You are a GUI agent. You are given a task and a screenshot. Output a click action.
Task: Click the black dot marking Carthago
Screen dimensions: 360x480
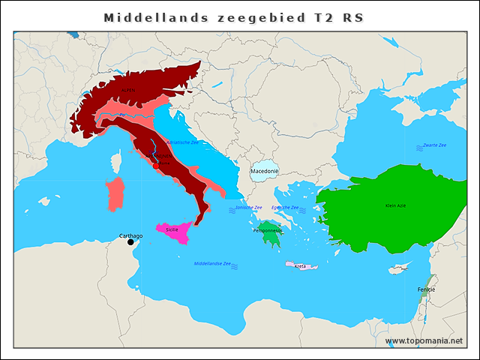tap(131, 241)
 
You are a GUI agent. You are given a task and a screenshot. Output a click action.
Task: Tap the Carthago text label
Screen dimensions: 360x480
tap(131, 235)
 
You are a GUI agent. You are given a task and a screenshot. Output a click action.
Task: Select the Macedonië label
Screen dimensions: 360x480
tap(264, 172)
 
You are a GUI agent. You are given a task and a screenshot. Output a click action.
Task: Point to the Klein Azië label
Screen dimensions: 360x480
tap(395, 205)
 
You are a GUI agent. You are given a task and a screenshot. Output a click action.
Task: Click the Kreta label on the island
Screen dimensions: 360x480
tap(300, 266)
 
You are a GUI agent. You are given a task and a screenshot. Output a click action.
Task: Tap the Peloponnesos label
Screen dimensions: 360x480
tap(267, 231)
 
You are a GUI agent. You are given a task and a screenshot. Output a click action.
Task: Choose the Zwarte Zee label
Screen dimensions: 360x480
tap(434, 145)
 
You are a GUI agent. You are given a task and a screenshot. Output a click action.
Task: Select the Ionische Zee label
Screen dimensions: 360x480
tap(248, 208)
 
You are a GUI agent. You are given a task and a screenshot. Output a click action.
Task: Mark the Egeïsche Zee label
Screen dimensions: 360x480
tap(285, 208)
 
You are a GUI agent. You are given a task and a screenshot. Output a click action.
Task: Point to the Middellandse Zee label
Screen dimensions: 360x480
tap(212, 264)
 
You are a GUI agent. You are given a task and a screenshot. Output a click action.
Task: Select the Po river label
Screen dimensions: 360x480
tap(121, 115)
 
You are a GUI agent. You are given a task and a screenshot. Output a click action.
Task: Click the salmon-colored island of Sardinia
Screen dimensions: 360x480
tap(115, 194)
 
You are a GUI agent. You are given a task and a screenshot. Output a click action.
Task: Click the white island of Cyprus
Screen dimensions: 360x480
tap(397, 269)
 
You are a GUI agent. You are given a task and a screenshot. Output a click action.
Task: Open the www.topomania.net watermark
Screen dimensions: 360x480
tap(424, 340)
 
